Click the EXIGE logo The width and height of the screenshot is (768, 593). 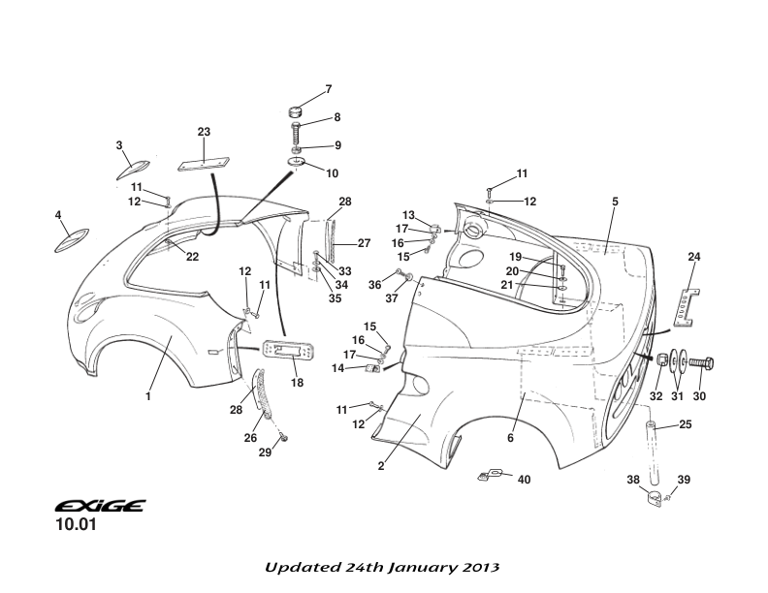coord(100,506)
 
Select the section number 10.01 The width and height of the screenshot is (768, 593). coord(76,528)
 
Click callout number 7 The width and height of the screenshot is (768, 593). coord(328,89)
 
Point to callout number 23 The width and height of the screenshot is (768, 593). coord(204,132)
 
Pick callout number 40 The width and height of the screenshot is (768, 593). coord(524,480)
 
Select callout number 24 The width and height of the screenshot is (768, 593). coord(693,257)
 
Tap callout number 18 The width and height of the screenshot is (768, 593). coord(297,383)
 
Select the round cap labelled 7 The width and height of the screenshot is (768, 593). coord(297,111)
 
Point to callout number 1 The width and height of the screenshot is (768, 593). coord(148,396)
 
